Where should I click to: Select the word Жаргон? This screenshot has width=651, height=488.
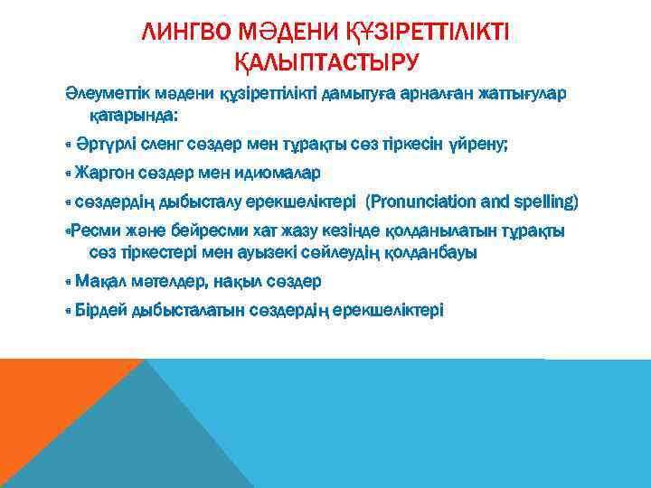coord(103,172)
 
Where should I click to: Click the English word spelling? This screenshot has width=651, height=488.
coord(543,200)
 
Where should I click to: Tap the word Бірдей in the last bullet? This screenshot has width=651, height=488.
coord(102,310)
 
